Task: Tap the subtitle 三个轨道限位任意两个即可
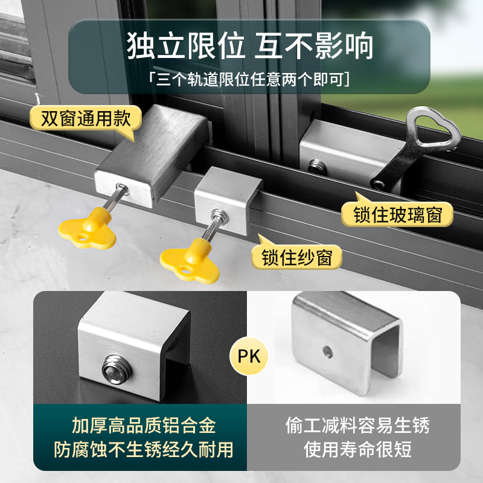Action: [x=249, y=80]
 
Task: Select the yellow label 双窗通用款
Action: [x=85, y=118]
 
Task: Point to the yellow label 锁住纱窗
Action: [x=297, y=257]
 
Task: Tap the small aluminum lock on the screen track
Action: [x=229, y=199]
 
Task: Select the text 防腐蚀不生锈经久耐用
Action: [x=141, y=449]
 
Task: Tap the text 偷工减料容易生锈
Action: [x=357, y=426]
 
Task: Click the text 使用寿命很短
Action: [x=357, y=449]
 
